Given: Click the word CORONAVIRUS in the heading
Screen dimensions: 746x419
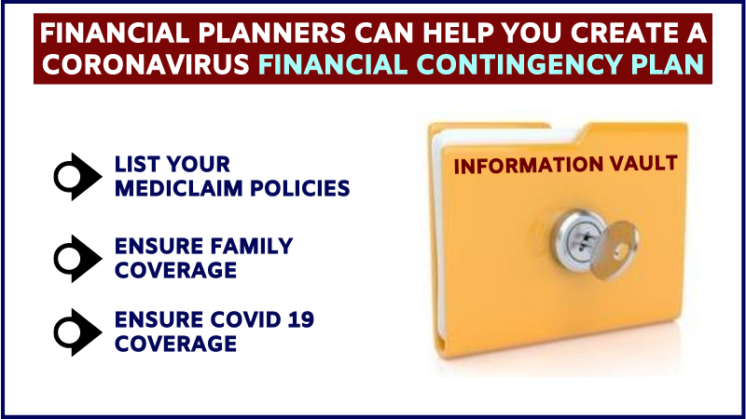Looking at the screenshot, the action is coord(146,63).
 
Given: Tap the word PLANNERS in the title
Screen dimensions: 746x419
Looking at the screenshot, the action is coord(271,34).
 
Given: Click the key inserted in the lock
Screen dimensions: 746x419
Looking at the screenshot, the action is coord(615,248).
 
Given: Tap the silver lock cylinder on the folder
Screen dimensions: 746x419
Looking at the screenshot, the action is coord(579,237).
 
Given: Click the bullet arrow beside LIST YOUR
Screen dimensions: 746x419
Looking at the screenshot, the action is coord(77,177).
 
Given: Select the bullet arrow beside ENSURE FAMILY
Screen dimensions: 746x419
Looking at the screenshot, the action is coord(77,259).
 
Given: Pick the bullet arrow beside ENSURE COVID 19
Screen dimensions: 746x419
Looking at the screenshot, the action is coord(77,332).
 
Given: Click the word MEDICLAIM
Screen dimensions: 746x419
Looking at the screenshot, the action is coord(179,189).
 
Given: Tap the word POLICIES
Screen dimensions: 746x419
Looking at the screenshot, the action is coord(300,189).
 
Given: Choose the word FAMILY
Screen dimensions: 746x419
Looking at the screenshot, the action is coord(251,246).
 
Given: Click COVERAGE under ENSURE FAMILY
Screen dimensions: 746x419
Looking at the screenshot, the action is coord(175,270).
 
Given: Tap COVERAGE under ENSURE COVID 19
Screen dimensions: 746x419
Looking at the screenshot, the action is coord(175,344).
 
